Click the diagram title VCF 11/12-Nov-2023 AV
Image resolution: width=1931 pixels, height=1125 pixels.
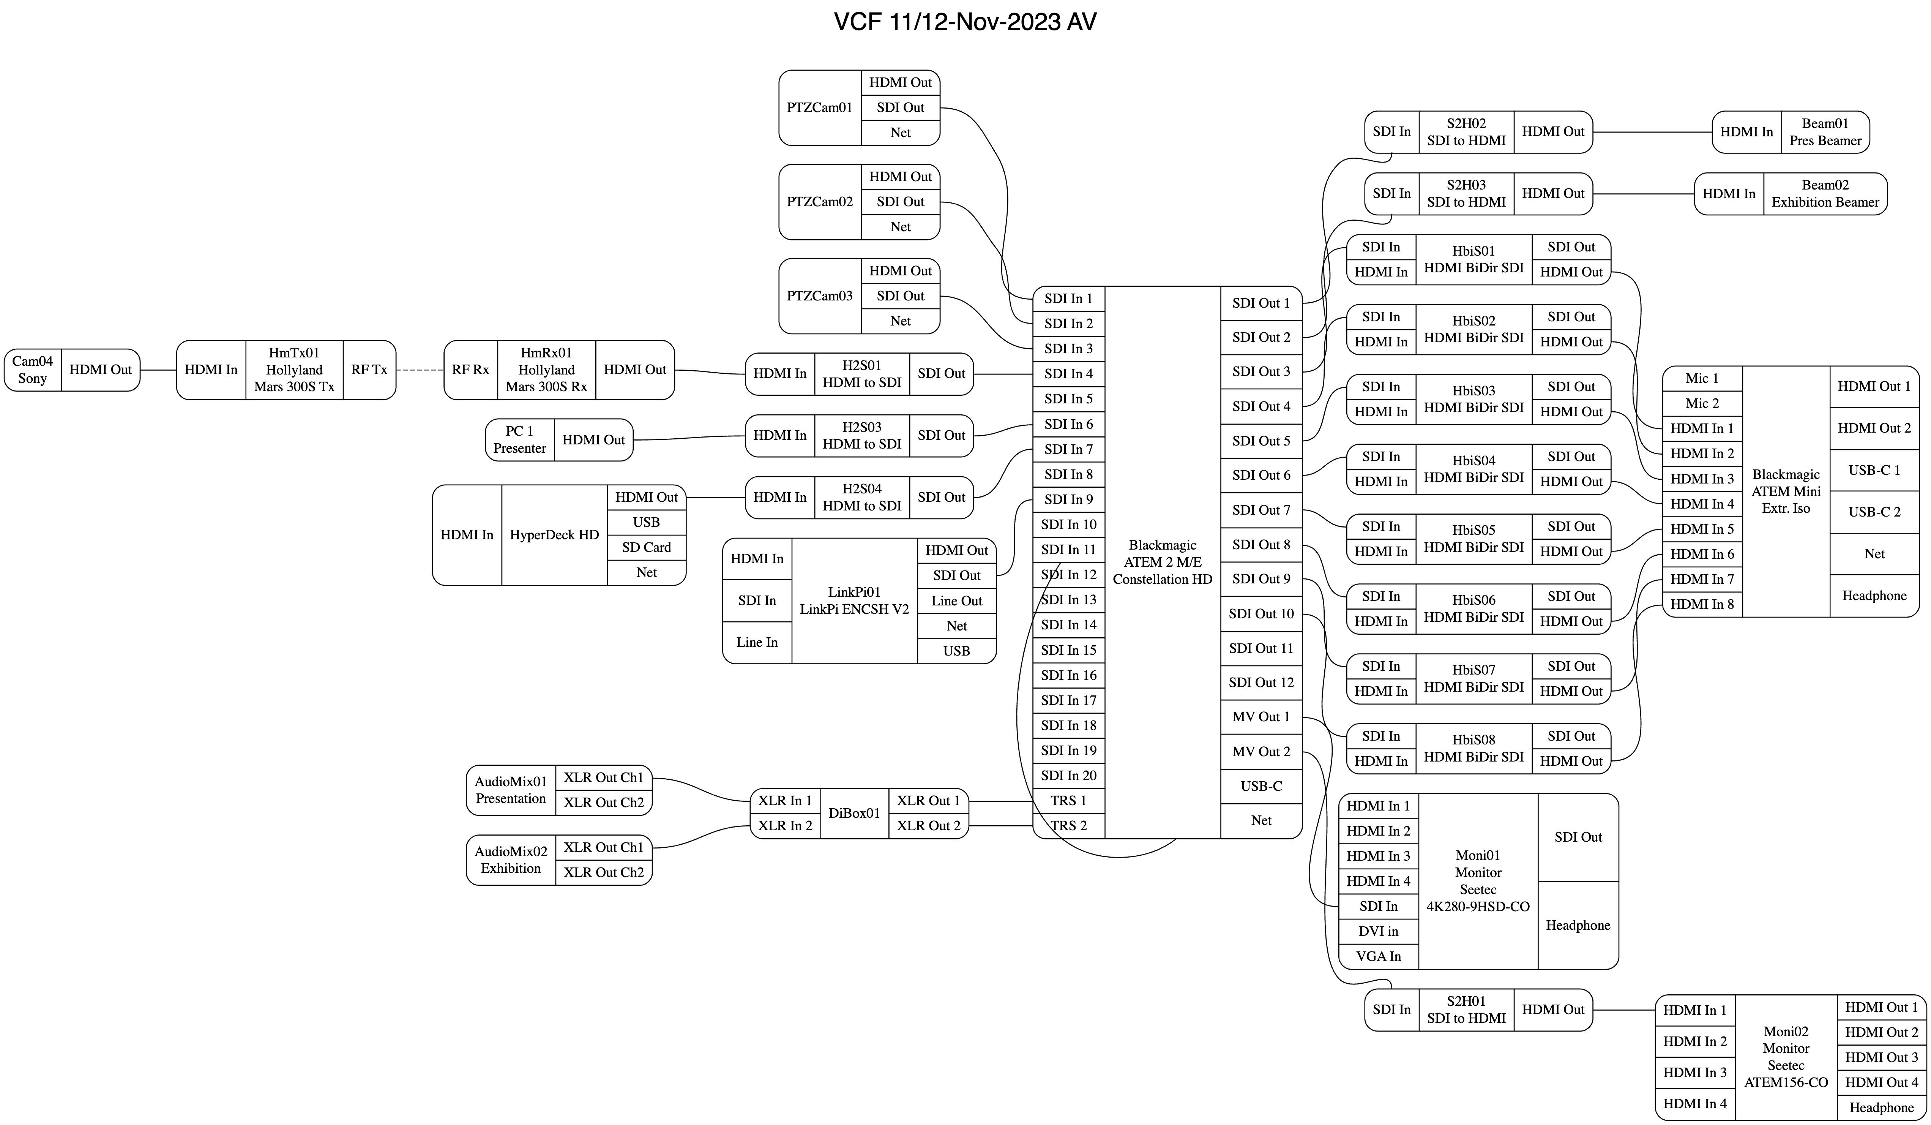(x=965, y=21)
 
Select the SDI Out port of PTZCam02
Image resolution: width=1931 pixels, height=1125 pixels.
(x=900, y=202)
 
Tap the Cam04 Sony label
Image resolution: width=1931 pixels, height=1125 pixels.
(x=32, y=370)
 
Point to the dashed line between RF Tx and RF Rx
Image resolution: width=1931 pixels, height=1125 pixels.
(x=420, y=370)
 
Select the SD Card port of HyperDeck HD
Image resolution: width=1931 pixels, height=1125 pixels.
(x=646, y=547)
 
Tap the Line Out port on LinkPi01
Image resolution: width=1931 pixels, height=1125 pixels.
(x=956, y=601)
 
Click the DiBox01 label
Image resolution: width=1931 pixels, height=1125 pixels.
(x=854, y=813)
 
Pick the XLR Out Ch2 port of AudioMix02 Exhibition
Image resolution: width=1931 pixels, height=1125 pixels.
(x=604, y=872)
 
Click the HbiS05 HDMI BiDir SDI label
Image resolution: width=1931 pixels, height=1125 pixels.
(x=1473, y=539)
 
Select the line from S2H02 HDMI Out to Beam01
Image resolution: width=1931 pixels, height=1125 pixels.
(x=1651, y=132)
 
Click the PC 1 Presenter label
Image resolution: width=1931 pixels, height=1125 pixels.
(x=519, y=440)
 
